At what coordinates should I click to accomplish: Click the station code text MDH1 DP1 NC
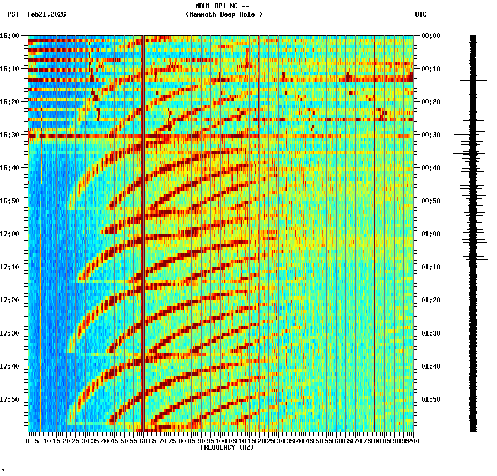coord(223,6)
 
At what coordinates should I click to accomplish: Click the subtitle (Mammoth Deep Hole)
coord(224,14)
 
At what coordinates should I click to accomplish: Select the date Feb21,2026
coord(46,14)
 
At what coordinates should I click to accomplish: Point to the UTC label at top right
coord(420,14)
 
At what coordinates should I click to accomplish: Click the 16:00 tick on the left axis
coord(10,36)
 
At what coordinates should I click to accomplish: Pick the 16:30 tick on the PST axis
coord(10,135)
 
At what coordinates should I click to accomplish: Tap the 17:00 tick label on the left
coord(10,234)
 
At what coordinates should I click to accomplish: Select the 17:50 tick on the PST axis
coord(10,399)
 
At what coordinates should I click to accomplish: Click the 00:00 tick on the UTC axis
coord(431,36)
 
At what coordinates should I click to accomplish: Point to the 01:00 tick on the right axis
coord(431,234)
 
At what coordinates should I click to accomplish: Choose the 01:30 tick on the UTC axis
coord(431,333)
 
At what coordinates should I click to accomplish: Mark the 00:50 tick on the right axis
coord(431,201)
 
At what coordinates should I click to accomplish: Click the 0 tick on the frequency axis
coord(28,441)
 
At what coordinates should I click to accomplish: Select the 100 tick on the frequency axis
coord(220,441)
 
